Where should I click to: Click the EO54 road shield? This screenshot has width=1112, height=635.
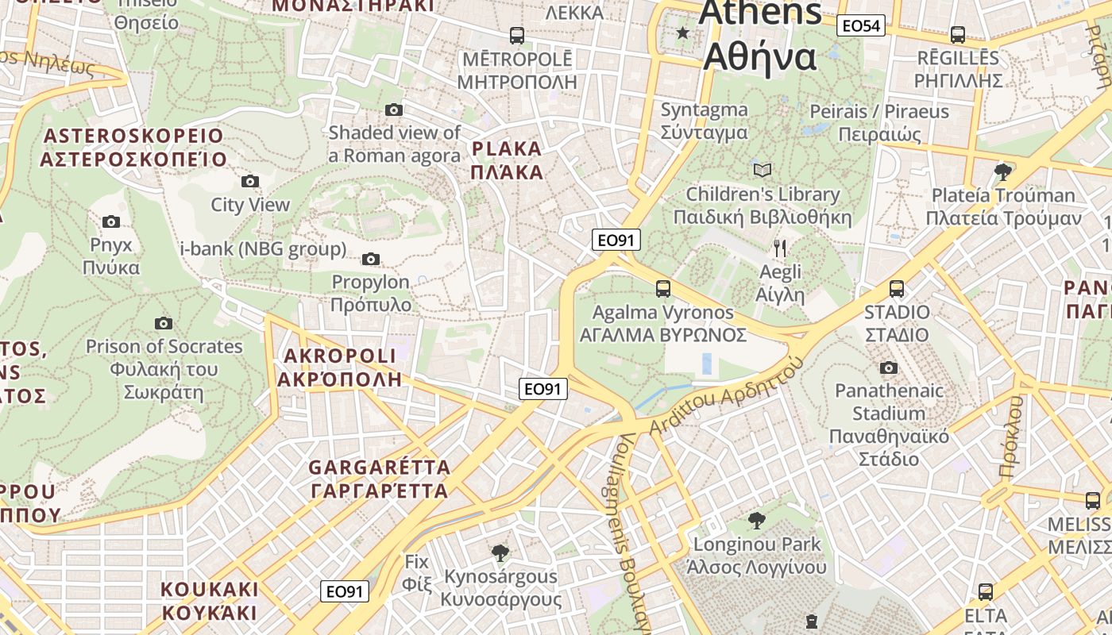pyautogui.click(x=861, y=26)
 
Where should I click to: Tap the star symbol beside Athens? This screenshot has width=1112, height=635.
pyautogui.click(x=682, y=33)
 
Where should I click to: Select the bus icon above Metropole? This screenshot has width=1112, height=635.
pyautogui.click(x=516, y=35)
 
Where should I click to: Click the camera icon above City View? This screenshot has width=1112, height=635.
pyautogui.click(x=250, y=181)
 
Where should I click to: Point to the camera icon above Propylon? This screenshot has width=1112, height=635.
pyautogui.click(x=370, y=259)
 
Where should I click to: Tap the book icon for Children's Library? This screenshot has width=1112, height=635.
pyautogui.click(x=763, y=170)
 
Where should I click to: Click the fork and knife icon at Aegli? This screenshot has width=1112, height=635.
pyautogui.click(x=780, y=248)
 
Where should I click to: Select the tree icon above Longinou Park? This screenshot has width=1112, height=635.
pyautogui.click(x=757, y=521)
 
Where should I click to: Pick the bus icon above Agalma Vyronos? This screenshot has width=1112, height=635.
pyautogui.click(x=663, y=289)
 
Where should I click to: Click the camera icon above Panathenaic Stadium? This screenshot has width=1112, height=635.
pyautogui.click(x=889, y=368)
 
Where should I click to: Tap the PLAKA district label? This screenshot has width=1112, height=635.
pyautogui.click(x=507, y=160)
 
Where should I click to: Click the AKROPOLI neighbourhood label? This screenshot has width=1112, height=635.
pyautogui.click(x=340, y=367)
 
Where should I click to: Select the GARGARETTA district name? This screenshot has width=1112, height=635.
pyautogui.click(x=380, y=479)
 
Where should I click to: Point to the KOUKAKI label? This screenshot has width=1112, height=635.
pyautogui.click(x=210, y=601)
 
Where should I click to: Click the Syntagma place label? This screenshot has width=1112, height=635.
pyautogui.click(x=704, y=121)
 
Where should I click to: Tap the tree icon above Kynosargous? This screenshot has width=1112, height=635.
pyautogui.click(x=500, y=552)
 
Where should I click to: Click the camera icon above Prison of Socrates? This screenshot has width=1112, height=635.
pyautogui.click(x=164, y=323)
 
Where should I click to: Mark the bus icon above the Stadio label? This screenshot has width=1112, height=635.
pyautogui.click(x=897, y=289)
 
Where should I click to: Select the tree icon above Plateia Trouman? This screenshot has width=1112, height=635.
pyautogui.click(x=1003, y=171)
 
